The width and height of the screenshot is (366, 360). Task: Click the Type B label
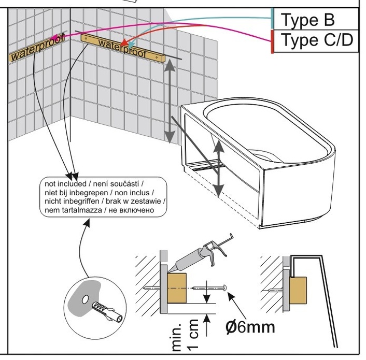click(x=307, y=20)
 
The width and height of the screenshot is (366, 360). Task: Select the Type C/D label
click(x=317, y=40)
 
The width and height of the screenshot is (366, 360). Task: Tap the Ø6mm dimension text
click(x=250, y=327)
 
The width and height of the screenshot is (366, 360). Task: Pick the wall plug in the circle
click(x=107, y=311)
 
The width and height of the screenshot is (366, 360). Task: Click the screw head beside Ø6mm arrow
click(x=225, y=287)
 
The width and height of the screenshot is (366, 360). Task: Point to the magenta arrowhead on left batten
click(x=54, y=37)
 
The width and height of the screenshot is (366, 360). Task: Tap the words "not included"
click(x=65, y=184)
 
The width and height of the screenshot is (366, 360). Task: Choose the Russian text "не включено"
click(x=131, y=210)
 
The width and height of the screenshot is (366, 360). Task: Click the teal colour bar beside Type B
click(x=272, y=19)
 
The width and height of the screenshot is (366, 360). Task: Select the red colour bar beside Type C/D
click(x=272, y=42)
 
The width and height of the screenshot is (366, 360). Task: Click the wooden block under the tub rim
click(x=298, y=291)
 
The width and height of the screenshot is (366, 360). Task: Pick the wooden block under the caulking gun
click(x=177, y=288)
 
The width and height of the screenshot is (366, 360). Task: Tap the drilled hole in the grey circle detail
click(x=86, y=299)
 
